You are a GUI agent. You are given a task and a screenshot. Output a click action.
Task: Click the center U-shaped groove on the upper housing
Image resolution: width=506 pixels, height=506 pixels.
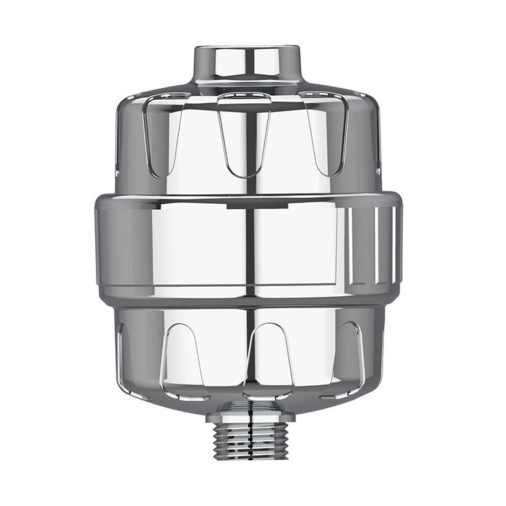coord(244,135)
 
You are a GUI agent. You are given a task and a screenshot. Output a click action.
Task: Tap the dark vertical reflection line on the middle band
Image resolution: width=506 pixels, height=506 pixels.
coord(250,250)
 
